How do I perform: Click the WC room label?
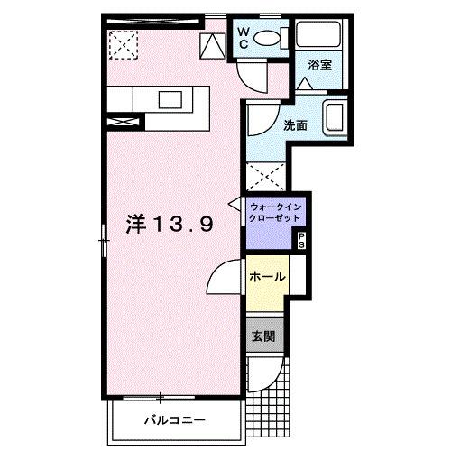[244, 38]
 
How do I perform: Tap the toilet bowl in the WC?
[267, 38]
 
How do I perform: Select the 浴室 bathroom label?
[319, 65]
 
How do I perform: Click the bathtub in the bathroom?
[318, 33]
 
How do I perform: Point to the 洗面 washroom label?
[295, 125]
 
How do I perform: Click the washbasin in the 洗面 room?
[335, 117]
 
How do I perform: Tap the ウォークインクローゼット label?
[275, 212]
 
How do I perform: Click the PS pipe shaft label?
[301, 241]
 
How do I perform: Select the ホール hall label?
[267, 276]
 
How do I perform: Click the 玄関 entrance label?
[263, 336]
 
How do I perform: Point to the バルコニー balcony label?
[175, 419]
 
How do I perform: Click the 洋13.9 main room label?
[170, 224]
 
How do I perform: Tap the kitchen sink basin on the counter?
[170, 100]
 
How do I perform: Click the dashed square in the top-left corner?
[124, 45]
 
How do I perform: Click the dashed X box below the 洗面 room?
[266, 177]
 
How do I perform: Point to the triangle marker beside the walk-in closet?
[235, 204]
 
